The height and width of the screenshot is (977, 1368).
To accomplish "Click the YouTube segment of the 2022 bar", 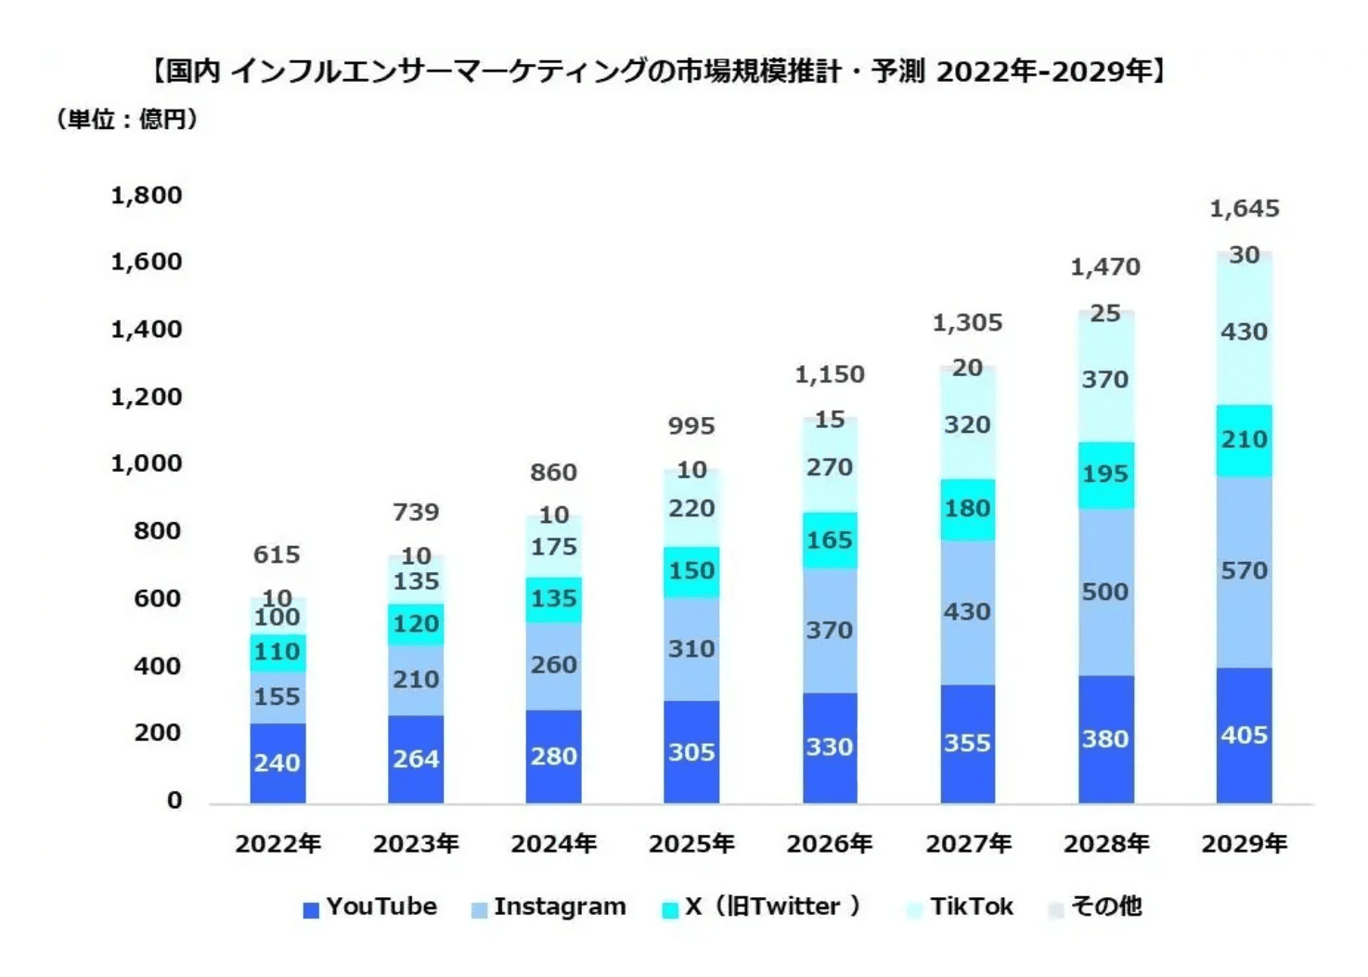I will click(x=277, y=762).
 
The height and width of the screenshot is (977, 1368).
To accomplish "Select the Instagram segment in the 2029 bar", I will click(x=1244, y=571).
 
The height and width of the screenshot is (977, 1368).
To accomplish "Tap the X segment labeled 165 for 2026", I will click(x=830, y=540).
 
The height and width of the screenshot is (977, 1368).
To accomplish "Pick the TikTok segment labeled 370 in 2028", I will click(x=1105, y=379).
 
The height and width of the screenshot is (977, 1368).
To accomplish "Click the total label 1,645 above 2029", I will click(x=1244, y=209).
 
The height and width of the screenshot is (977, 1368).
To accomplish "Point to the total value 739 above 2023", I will click(x=416, y=512).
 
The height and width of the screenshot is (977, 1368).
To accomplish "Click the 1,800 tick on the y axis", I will click(x=147, y=195).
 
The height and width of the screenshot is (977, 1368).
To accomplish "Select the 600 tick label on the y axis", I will click(x=157, y=598).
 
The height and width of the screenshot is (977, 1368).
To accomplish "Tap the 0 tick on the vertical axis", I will click(x=174, y=800).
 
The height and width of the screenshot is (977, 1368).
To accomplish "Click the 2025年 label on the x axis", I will click(x=691, y=843).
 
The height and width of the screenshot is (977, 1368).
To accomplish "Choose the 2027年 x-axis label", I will click(x=968, y=843).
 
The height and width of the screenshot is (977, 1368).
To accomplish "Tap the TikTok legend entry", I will click(x=960, y=906).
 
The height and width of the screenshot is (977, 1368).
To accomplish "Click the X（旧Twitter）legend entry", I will click(x=763, y=906).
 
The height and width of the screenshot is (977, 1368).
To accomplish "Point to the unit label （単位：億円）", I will click(x=127, y=119).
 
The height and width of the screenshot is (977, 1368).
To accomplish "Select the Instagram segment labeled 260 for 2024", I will click(x=553, y=665).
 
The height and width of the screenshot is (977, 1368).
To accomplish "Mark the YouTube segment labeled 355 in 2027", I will click(x=967, y=743).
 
